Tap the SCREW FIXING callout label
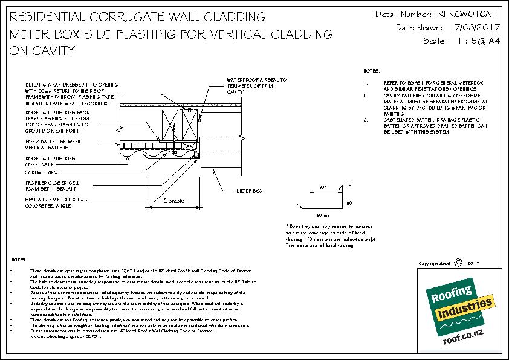[38, 172]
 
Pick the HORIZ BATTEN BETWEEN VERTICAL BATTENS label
[51, 143]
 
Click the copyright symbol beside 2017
[457, 263]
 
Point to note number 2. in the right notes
[366, 96]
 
